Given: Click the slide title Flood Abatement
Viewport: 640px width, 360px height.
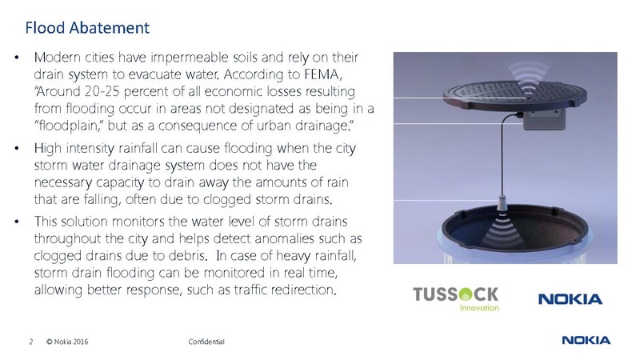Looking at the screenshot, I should pos(86,28).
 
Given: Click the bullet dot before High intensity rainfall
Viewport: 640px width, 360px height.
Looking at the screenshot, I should pos(17,149).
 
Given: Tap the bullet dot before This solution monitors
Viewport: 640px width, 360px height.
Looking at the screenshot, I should pos(17,221).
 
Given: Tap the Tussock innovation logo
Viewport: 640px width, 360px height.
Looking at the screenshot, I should pos(454,297).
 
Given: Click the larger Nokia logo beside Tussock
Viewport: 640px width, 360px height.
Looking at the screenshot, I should pos(570,299).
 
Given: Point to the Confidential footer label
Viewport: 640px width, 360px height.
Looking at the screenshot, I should pos(206,342).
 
